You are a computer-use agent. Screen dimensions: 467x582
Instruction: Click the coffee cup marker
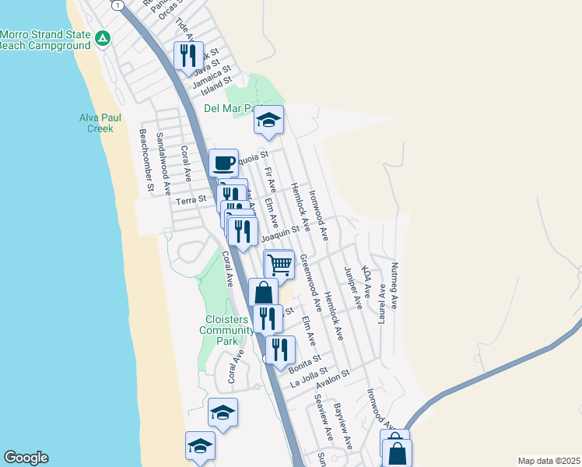[x=223, y=163]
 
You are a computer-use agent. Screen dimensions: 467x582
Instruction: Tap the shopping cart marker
[x=279, y=265]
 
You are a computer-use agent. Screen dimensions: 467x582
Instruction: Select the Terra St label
[x=191, y=200]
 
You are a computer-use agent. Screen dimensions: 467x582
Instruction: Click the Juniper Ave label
[x=352, y=288]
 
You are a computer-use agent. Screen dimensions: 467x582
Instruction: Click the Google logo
[x=26, y=458]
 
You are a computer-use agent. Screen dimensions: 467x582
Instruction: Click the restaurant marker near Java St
[x=188, y=55]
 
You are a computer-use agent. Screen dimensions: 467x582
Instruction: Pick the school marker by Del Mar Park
[x=268, y=120]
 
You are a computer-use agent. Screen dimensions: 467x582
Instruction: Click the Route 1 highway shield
[x=117, y=5]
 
